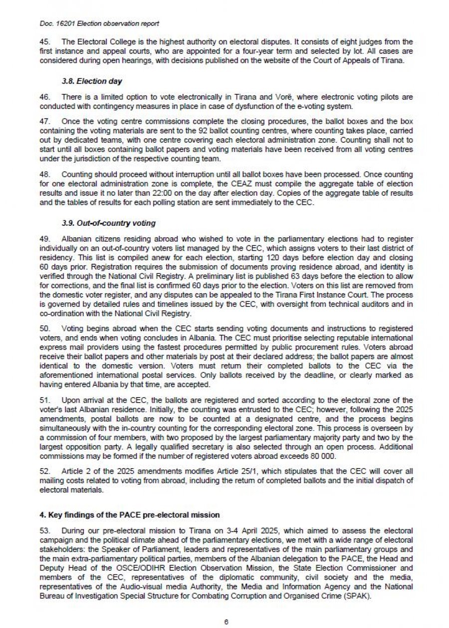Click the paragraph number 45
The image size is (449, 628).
44,41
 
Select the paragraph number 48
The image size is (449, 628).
44,174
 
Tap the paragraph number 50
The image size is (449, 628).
44,328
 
